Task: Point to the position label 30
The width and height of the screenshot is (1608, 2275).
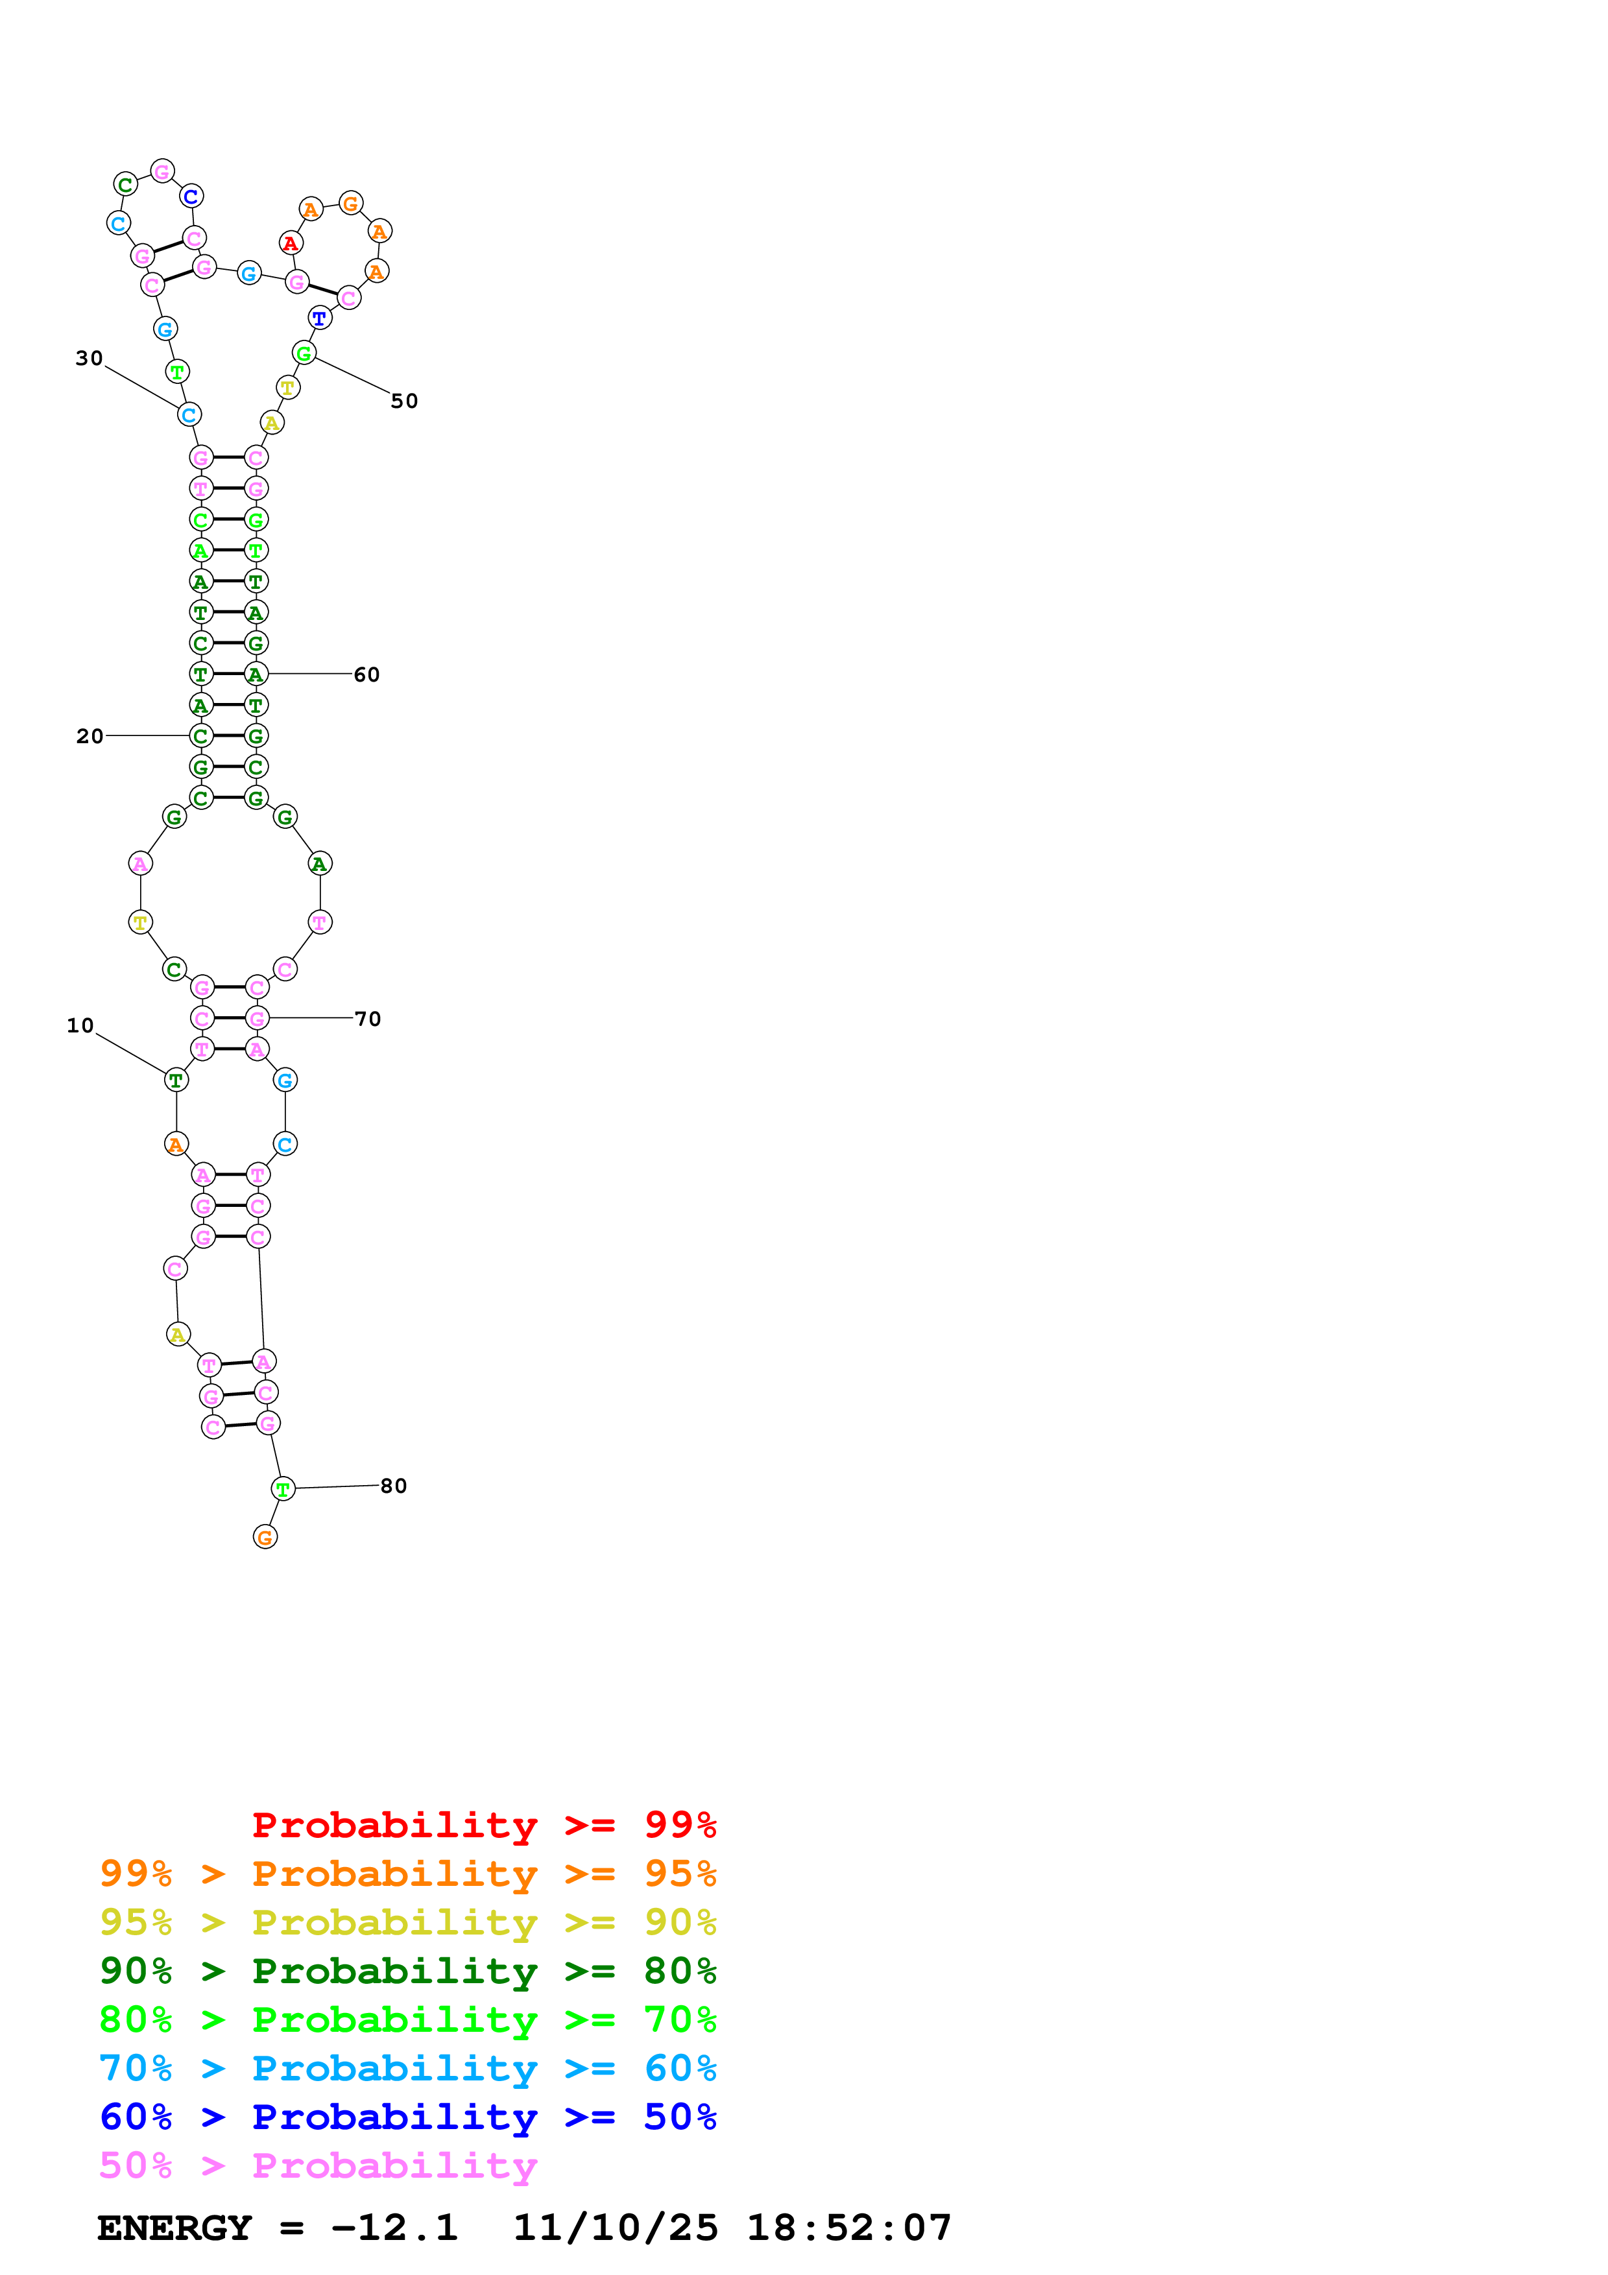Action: pos(89,359)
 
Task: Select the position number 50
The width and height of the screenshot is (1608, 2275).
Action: pos(404,401)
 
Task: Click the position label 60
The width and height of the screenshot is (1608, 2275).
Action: pos(366,674)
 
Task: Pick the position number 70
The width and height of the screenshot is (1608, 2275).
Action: pos(368,1019)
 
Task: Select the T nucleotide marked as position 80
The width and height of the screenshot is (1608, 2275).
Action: pos(283,1488)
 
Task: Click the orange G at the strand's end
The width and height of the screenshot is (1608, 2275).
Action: pos(265,1537)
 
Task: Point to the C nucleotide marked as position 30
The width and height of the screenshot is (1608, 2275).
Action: pos(189,415)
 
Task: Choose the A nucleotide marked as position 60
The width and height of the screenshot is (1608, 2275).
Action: pos(256,674)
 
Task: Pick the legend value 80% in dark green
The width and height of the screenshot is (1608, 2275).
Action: pos(680,1971)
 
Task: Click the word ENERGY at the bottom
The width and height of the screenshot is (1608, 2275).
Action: pos(174,2228)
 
